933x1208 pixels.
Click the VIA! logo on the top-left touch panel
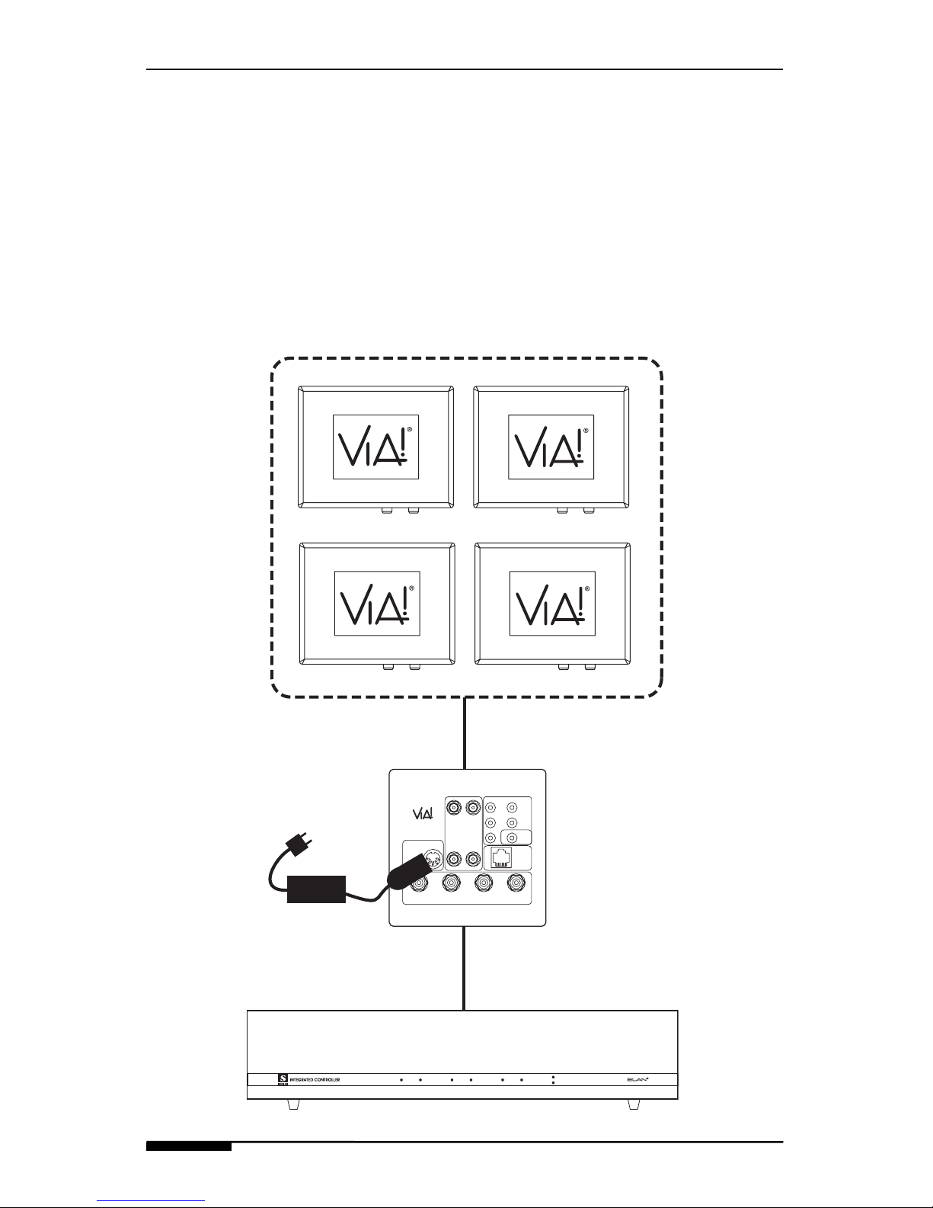point(375,447)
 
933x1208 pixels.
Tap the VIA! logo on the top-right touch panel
point(551,447)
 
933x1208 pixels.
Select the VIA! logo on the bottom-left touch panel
point(375,604)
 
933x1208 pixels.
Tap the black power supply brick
point(316,889)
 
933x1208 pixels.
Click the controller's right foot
point(632,1104)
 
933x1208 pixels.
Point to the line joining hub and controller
point(464,968)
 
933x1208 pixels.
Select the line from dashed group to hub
point(464,733)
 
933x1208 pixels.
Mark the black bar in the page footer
point(189,1146)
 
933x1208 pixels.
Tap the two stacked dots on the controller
point(554,1080)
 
